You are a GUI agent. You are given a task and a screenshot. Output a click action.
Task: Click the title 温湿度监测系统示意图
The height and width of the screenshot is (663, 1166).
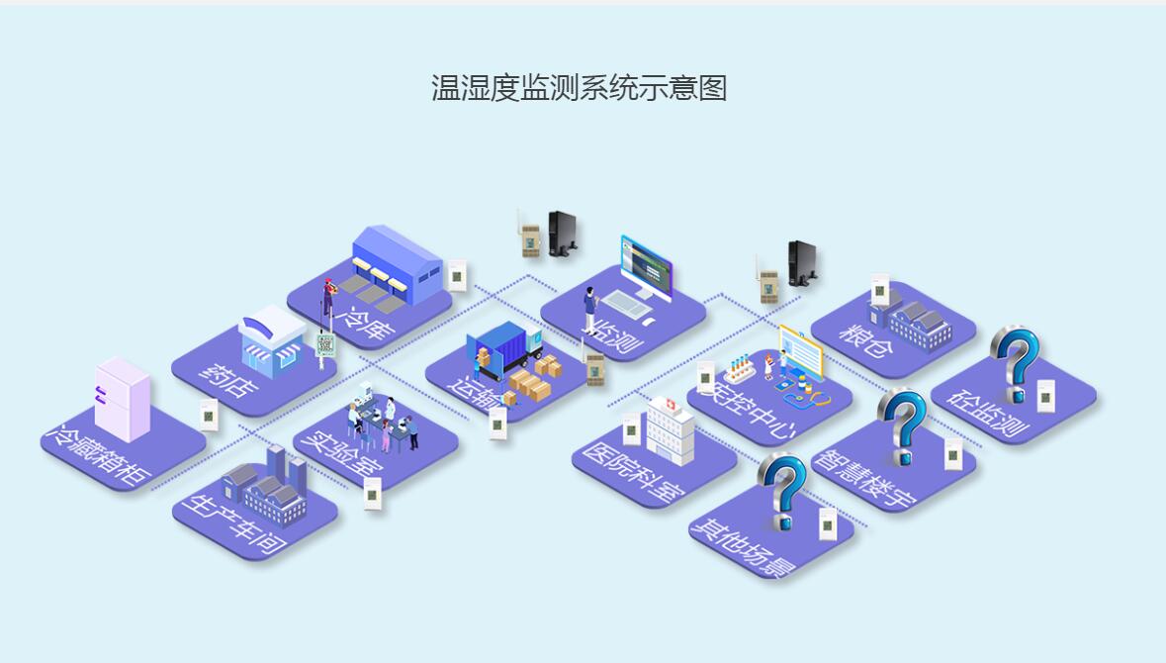click(580, 88)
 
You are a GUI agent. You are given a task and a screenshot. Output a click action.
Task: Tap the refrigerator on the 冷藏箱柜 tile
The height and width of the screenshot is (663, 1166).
click(122, 399)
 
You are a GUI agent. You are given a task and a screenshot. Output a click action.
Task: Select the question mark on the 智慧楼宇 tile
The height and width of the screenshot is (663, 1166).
click(902, 426)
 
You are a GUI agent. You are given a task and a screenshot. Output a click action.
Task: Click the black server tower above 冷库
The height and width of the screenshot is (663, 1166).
click(562, 235)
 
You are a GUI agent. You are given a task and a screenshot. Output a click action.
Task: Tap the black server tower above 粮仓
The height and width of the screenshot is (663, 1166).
click(802, 263)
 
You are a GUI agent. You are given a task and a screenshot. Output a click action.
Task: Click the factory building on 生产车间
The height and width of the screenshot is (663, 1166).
click(268, 485)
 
